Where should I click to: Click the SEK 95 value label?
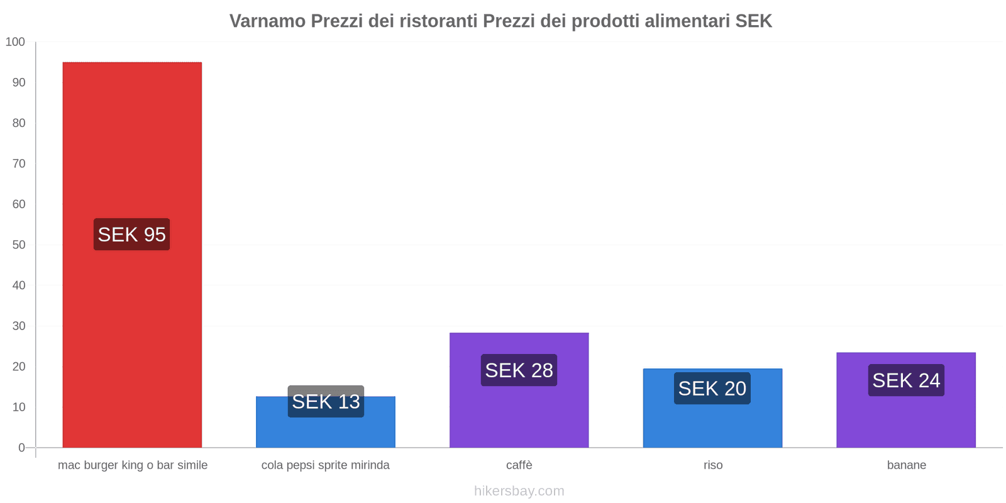(x=132, y=235)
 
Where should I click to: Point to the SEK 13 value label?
(x=326, y=401)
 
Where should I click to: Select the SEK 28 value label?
(x=519, y=370)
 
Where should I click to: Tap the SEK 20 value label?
(x=712, y=389)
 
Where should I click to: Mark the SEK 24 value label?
(x=906, y=380)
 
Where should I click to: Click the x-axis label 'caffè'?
(x=519, y=465)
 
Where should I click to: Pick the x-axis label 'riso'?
(x=713, y=465)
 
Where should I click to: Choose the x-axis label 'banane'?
(x=906, y=465)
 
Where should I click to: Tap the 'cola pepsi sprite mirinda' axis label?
(x=326, y=465)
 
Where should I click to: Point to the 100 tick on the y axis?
(x=15, y=42)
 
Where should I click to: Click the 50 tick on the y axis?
(x=19, y=245)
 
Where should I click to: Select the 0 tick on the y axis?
(x=22, y=448)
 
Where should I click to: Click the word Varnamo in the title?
(x=267, y=21)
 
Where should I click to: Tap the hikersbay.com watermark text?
(x=519, y=491)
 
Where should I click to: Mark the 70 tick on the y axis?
(x=19, y=163)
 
